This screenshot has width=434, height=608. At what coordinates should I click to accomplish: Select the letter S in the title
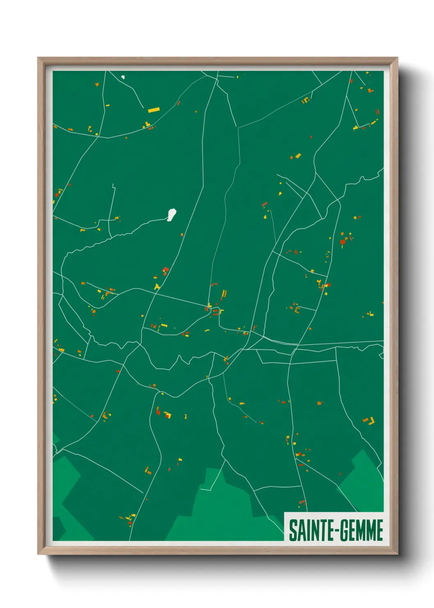pyautogui.click(x=293, y=530)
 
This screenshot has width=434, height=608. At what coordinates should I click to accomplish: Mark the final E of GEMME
pyautogui.click(x=379, y=530)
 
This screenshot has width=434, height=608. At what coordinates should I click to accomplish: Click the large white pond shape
pyautogui.click(x=171, y=214)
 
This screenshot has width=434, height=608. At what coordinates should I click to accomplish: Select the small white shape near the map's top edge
pyautogui.click(x=123, y=77)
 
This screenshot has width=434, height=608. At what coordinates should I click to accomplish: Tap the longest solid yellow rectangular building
pyautogui.click(x=153, y=110)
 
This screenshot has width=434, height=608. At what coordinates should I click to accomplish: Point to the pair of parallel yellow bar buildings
pyautogui.click(x=224, y=294)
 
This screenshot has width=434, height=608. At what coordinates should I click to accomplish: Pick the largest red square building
pyautogui.click(x=342, y=242)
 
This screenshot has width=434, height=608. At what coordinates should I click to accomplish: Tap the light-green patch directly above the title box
pyautogui.click(x=361, y=481)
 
